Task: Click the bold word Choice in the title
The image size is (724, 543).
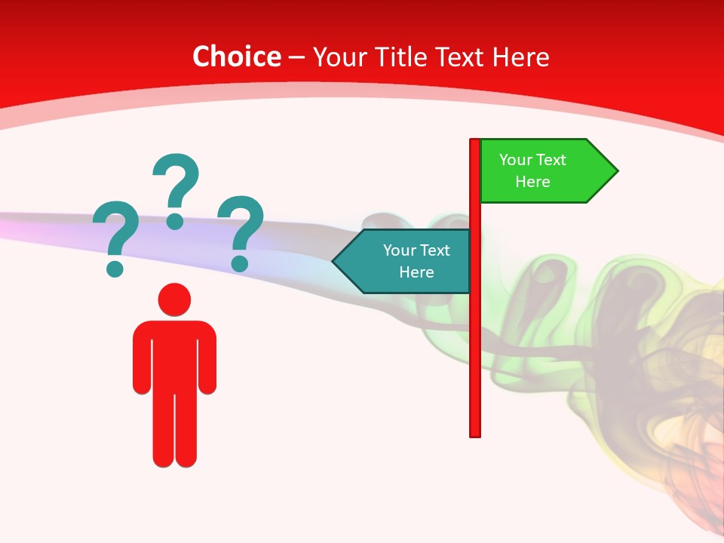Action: point(236,57)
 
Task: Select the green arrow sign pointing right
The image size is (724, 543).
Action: point(543,171)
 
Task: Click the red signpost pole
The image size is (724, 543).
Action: point(475,339)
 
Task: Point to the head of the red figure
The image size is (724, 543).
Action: point(174,299)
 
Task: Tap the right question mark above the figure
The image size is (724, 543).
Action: point(241,230)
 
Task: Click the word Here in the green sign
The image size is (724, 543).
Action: point(532,182)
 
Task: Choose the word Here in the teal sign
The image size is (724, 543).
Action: point(416,272)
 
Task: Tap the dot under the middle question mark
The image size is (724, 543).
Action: point(175,220)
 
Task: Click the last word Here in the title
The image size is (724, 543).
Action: point(521,57)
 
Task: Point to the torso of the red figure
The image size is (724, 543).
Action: point(174,354)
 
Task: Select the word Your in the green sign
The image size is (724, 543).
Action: point(516,160)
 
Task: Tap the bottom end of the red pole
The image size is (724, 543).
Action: point(475,434)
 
